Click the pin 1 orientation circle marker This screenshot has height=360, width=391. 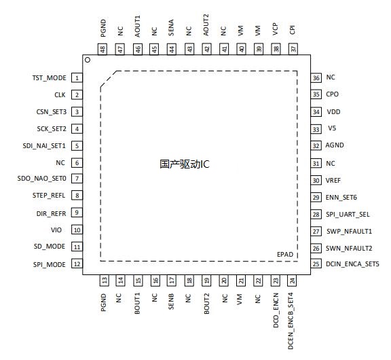[88, 60]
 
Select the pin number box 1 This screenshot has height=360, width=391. [77, 78]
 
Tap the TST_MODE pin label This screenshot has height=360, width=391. [50, 78]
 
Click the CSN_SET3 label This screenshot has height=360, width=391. [52, 112]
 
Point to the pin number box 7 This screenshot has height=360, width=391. [77, 179]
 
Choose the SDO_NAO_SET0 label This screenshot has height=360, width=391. [41, 179]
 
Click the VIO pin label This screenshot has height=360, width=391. [56, 230]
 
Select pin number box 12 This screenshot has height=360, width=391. [77, 264]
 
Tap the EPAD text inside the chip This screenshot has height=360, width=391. [285, 255]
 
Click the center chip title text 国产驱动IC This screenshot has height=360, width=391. [185, 164]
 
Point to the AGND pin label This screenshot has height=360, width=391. [335, 145]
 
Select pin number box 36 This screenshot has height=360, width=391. [316, 78]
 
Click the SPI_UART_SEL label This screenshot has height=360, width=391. [348, 215]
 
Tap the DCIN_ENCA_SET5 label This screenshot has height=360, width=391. [352, 264]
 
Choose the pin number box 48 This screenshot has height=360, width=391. [103, 49]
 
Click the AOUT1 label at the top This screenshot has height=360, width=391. [137, 26]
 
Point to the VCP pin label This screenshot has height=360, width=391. [275, 29]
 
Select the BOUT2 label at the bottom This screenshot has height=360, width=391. [206, 304]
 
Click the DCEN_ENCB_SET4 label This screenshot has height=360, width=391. [291, 321]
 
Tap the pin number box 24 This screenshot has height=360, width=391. [292, 281]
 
